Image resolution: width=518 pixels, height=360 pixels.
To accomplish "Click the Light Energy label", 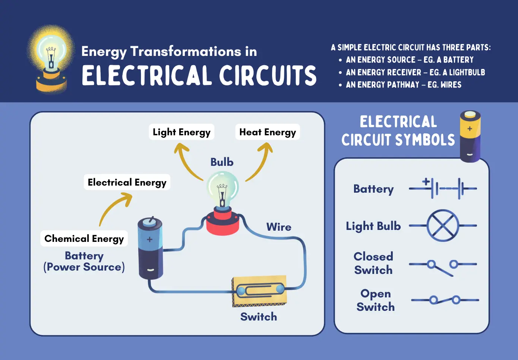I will pyautogui.click(x=181, y=132).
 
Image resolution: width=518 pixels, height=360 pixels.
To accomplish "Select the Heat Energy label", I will pyautogui.click(x=268, y=132).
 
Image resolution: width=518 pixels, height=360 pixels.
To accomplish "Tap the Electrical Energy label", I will pyautogui.click(x=127, y=182).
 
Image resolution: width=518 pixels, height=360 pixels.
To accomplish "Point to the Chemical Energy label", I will pyautogui.click(x=84, y=239).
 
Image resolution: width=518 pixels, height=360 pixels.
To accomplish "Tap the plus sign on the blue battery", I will pyautogui.click(x=150, y=239).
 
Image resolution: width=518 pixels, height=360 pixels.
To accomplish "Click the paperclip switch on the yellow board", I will pyautogui.click(x=260, y=290).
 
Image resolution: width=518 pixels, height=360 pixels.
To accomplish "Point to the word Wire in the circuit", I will pyautogui.click(x=279, y=227).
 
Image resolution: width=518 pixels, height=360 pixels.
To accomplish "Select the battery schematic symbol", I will pyautogui.click(x=443, y=188).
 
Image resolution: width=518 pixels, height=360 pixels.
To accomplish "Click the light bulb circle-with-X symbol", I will pyautogui.click(x=443, y=225).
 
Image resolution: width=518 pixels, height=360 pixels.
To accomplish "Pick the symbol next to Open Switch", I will pyautogui.click(x=445, y=300).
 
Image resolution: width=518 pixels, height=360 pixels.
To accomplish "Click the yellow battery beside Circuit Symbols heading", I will pyautogui.click(x=470, y=136).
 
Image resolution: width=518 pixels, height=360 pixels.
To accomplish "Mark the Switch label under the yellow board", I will pyautogui.click(x=259, y=317).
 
